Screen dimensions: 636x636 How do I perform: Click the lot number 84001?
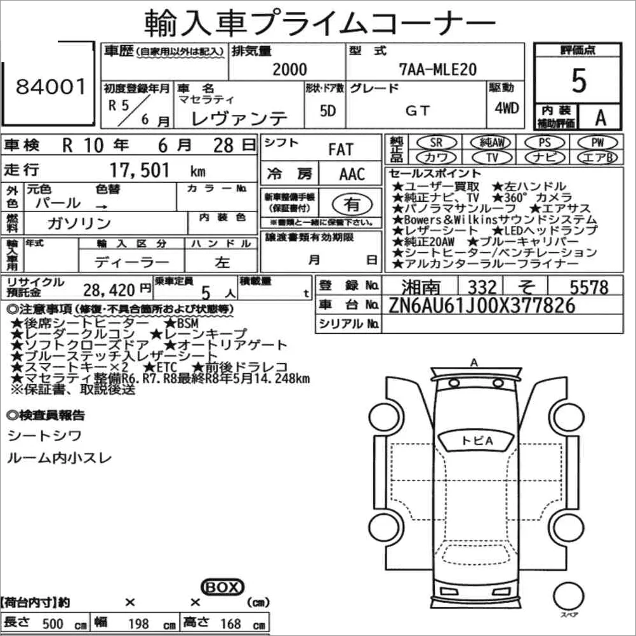pos(51,86)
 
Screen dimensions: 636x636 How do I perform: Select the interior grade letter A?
pos(600,117)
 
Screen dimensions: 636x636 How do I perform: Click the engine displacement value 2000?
pos(289,69)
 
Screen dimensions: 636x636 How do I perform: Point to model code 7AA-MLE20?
pos(438,69)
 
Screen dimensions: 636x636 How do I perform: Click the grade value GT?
pos(418,110)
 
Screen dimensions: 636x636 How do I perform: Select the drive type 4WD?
pos(507,108)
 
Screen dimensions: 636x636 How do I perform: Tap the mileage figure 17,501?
pos(140,170)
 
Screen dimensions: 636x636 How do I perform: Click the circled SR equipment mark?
pos(437,142)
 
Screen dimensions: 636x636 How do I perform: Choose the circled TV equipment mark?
pos(492,157)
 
